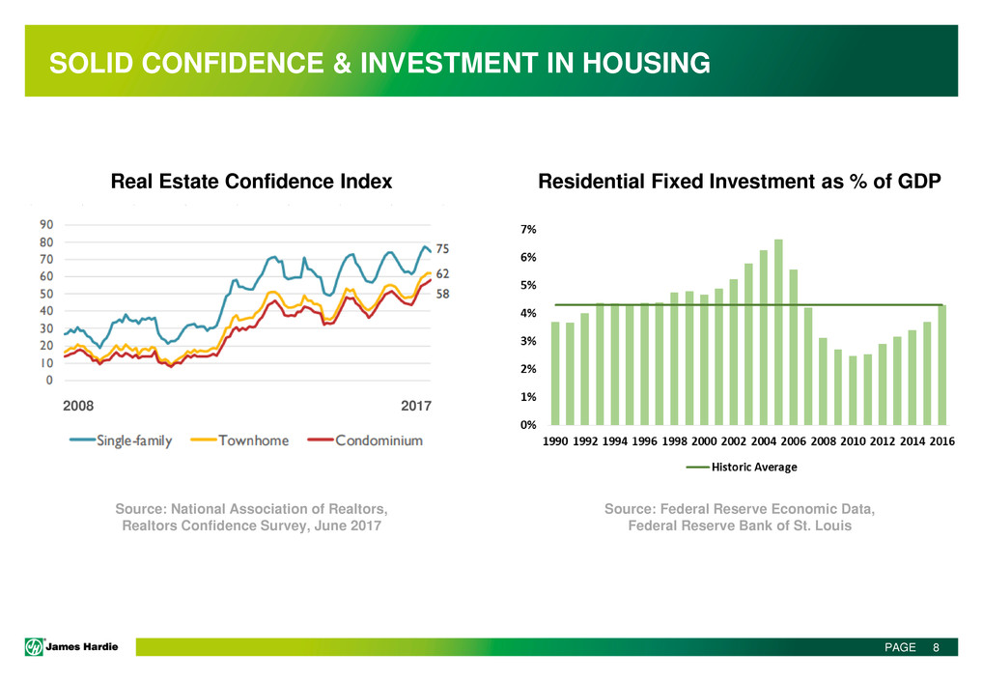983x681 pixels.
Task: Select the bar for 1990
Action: (x=555, y=373)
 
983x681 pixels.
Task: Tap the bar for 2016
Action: (x=942, y=364)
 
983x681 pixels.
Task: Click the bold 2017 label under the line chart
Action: (x=416, y=407)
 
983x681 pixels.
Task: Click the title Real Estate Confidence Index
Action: (x=251, y=181)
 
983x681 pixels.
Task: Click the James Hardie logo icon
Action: (x=34, y=647)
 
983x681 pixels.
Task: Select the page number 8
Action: (x=935, y=648)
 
